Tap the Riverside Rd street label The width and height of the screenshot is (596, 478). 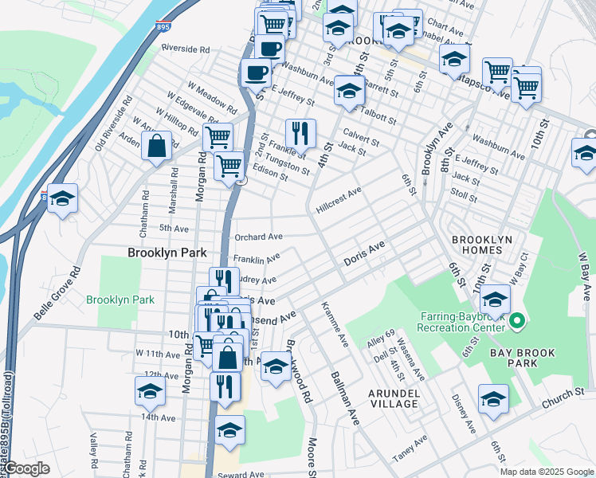coord(185,49)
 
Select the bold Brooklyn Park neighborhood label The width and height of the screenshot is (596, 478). coord(167,253)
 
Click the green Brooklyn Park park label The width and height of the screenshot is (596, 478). coord(120,300)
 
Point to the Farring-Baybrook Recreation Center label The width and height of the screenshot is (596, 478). coord(462,321)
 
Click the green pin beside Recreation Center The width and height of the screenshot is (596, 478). coord(516,322)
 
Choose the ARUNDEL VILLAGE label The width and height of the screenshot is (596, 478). coord(393,398)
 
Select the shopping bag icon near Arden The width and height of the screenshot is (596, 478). coord(157,146)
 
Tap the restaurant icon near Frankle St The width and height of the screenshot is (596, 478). coord(300,132)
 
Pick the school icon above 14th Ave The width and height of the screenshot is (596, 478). coord(150,390)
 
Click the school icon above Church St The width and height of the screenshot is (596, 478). coord(493,400)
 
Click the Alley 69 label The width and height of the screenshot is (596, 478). coord(379,333)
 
